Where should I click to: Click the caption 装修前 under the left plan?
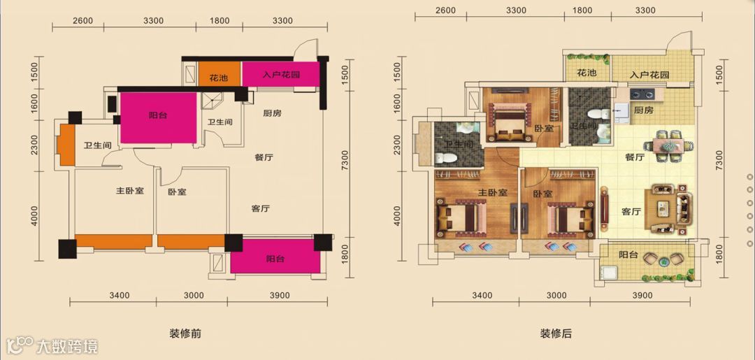(185, 333)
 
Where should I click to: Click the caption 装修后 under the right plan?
(556, 333)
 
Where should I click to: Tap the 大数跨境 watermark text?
(67, 345)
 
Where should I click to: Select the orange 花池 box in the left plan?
(220, 74)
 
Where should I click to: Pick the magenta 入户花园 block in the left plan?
(280, 74)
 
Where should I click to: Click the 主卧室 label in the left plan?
(129, 191)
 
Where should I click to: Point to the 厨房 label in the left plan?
(272, 113)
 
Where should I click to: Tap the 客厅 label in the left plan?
(261, 208)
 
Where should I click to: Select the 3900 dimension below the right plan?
(642, 295)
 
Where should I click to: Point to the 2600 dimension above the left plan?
(82, 21)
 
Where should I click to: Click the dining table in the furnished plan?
(668, 145)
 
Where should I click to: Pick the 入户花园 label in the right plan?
(649, 75)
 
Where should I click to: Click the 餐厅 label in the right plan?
(635, 157)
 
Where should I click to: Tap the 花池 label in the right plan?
(587, 73)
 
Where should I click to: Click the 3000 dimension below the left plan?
(194, 295)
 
